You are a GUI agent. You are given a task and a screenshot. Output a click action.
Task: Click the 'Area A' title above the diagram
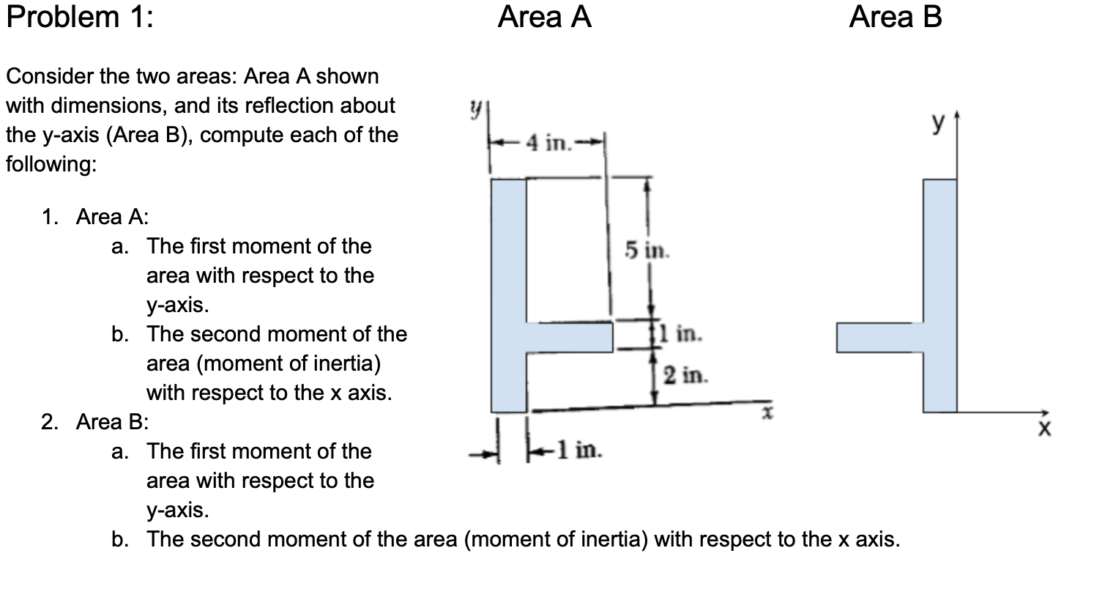[544, 17]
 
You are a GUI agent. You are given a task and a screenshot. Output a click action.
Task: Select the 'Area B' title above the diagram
[895, 17]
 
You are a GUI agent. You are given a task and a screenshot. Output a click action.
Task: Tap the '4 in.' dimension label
[548, 144]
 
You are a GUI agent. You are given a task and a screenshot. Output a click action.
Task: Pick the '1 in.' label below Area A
[578, 450]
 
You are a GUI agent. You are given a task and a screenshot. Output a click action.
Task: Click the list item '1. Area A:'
[95, 217]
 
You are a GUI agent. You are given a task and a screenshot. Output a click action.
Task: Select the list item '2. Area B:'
[95, 422]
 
